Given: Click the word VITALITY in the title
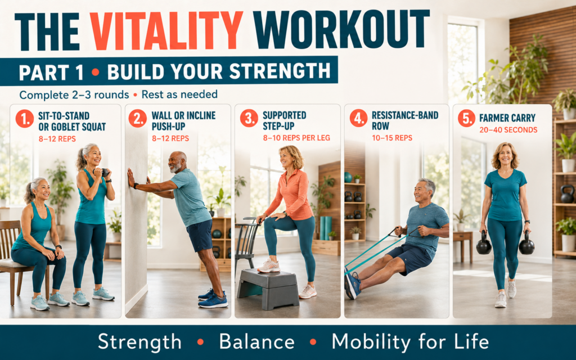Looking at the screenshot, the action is coord(166,31).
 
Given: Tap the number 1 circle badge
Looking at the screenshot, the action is coord(25,119).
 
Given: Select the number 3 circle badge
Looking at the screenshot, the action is coord(249,118).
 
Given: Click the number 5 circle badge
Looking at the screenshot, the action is coord(466,118).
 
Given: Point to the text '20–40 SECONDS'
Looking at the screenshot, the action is coord(508,130).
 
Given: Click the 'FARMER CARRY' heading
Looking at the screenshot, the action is coord(507,118).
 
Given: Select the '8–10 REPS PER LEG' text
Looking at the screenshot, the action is coord(296,138).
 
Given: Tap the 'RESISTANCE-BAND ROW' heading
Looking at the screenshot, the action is coord(405,120).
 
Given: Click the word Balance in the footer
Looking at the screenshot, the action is coord(256,341).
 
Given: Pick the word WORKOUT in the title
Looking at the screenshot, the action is coord(341,29).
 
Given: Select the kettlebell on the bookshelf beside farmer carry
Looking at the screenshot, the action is coord(567,194).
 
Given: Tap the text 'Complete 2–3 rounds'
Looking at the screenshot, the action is coord(74,95).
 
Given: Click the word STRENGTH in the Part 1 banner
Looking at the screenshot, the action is coord(280,71).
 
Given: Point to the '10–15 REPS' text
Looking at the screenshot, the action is coord(392,138).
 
